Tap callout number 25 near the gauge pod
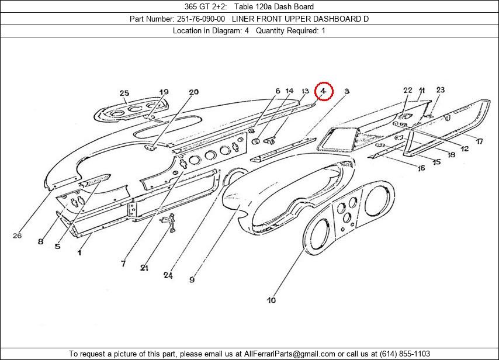[124, 93]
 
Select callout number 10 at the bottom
[271, 300]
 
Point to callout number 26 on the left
[17, 236]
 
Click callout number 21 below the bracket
[144, 268]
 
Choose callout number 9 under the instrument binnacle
[192, 280]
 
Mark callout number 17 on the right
[479, 141]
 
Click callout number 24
[168, 275]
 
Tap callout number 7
[123, 264]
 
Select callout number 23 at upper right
[440, 90]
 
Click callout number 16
[421, 168]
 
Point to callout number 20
[193, 92]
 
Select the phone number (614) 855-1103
[404, 354]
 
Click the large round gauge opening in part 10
[319, 238]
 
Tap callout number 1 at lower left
[79, 252]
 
